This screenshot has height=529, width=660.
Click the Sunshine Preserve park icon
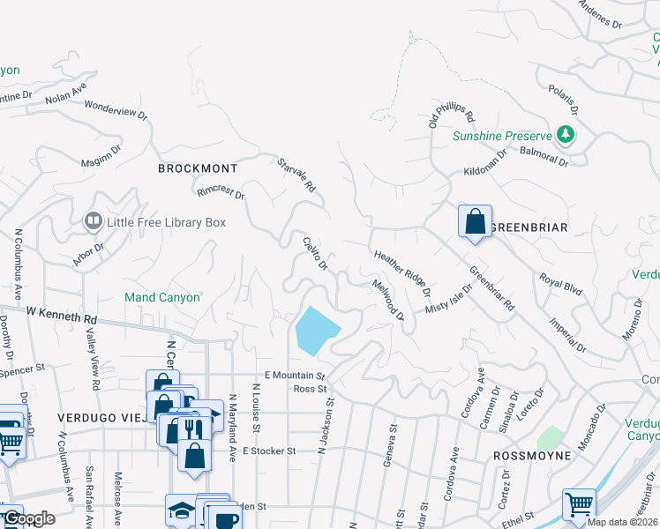tap(565, 136)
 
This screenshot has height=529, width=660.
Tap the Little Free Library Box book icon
tap(93, 221)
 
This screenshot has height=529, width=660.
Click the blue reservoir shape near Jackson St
tap(316, 331)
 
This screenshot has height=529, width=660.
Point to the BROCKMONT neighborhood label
tap(198, 168)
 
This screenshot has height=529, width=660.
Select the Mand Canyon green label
tap(162, 298)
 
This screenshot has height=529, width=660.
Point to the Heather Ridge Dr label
tap(402, 272)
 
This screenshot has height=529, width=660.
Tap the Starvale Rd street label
tap(296, 175)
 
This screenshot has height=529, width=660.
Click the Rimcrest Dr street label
tap(221, 190)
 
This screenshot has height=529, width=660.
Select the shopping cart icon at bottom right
tap(579, 504)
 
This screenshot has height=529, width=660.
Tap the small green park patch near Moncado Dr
tap(550, 436)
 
